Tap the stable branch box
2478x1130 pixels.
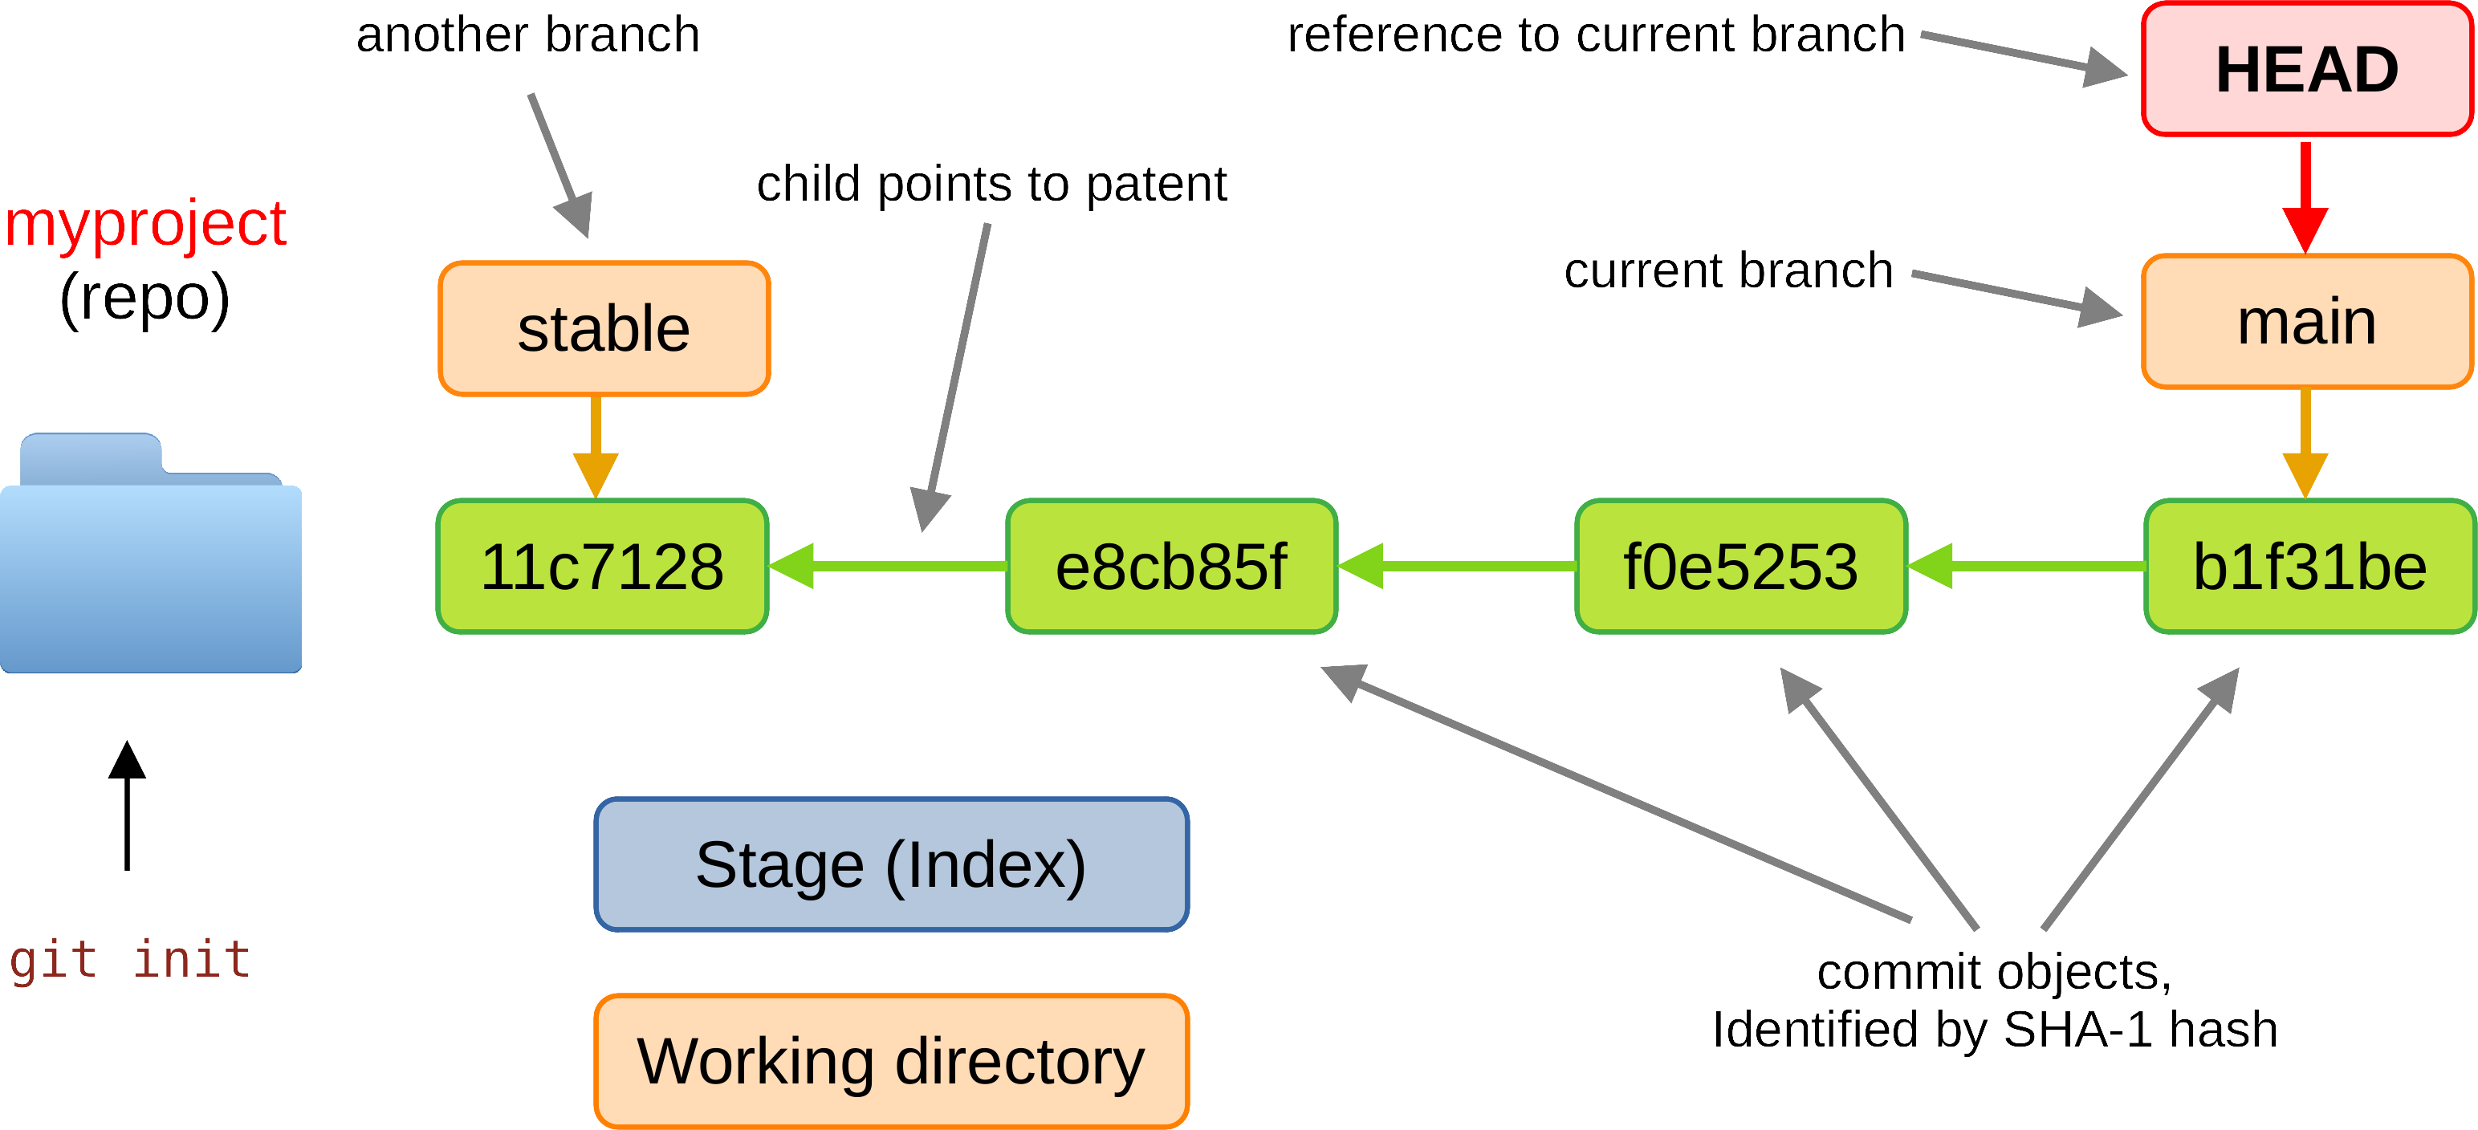[x=604, y=329]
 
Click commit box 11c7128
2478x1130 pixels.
[x=602, y=567]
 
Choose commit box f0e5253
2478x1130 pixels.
[x=1740, y=567]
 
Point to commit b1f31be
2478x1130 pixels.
[x=2309, y=567]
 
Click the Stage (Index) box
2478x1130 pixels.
[x=891, y=864]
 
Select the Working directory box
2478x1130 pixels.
[x=891, y=1061]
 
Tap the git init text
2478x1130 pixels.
[x=130, y=960]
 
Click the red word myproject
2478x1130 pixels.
[x=145, y=223]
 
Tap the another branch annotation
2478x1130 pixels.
[x=527, y=35]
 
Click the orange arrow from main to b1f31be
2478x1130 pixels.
[x=2305, y=442]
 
